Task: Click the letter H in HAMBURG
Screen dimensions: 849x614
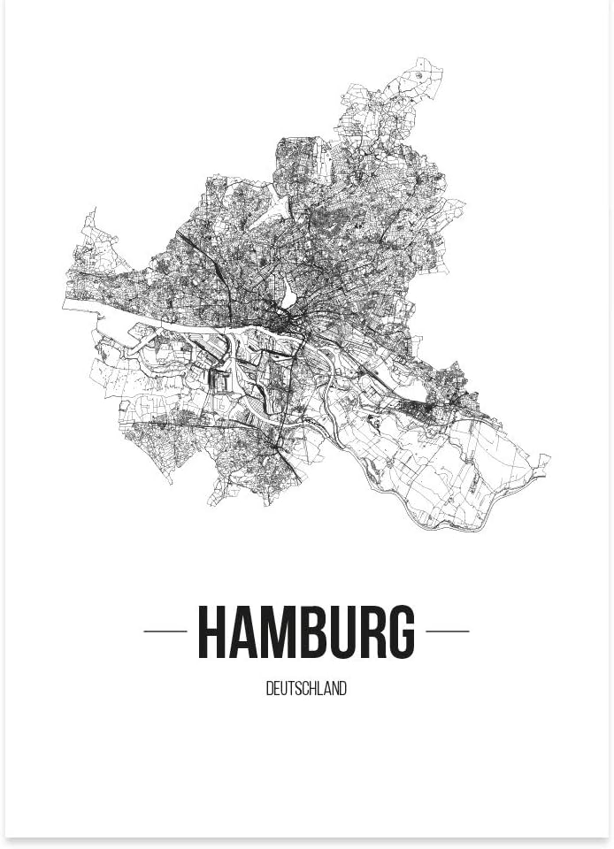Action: pyautogui.click(x=212, y=632)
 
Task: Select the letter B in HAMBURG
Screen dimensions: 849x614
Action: pyautogui.click(x=310, y=632)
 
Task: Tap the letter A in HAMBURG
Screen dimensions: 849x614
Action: pyautogui.click(x=242, y=632)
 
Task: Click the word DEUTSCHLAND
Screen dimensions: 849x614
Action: pyautogui.click(x=306, y=689)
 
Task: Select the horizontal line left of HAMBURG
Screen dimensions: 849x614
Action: pyautogui.click(x=165, y=631)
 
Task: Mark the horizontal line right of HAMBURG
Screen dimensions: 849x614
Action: pyautogui.click(x=448, y=631)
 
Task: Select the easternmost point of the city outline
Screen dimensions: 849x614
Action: pyautogui.click(x=549, y=458)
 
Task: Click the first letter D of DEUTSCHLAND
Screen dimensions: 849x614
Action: pyautogui.click(x=269, y=689)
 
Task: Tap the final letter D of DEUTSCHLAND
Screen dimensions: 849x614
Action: pyautogui.click(x=343, y=689)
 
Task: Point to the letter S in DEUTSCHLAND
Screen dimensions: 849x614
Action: pyautogui.click(x=295, y=689)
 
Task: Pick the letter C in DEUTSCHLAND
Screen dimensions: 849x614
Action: pyautogui.click(x=303, y=689)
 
